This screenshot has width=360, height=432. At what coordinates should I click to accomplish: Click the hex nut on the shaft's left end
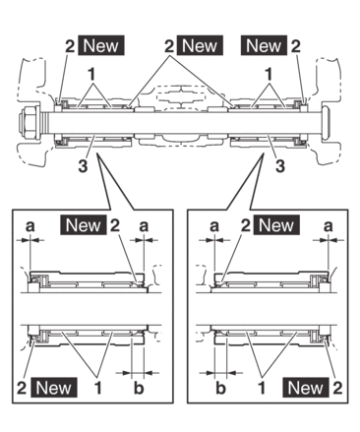(x=30, y=124)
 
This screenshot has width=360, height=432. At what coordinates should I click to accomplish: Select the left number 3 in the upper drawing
(x=83, y=166)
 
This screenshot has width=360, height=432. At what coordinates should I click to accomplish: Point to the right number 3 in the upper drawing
(x=279, y=166)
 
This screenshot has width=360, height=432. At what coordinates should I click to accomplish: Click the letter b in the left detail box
(x=139, y=388)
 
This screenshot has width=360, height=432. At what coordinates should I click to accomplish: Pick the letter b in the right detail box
(x=221, y=388)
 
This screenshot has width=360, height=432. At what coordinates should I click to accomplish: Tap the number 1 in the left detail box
(x=97, y=389)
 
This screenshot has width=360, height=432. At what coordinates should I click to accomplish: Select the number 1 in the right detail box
(x=262, y=389)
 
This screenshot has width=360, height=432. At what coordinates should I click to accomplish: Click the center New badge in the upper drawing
(x=200, y=45)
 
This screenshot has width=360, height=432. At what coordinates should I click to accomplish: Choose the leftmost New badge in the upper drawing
(x=101, y=45)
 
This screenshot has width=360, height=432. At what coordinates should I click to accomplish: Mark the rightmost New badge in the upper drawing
(x=264, y=45)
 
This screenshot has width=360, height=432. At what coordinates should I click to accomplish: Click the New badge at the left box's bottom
(x=54, y=388)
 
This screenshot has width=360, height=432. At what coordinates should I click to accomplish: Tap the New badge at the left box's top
(x=84, y=225)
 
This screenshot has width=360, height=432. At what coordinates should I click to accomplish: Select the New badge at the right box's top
(x=276, y=225)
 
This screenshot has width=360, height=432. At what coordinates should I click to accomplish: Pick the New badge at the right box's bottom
(x=306, y=388)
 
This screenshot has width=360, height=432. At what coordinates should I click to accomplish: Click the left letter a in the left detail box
(x=30, y=226)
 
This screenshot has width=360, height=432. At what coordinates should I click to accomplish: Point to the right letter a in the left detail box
(x=144, y=226)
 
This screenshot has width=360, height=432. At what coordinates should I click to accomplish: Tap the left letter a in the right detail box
(x=214, y=226)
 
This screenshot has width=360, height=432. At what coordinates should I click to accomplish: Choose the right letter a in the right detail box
(x=328, y=226)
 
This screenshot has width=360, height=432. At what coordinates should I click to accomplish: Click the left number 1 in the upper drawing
(x=92, y=75)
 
